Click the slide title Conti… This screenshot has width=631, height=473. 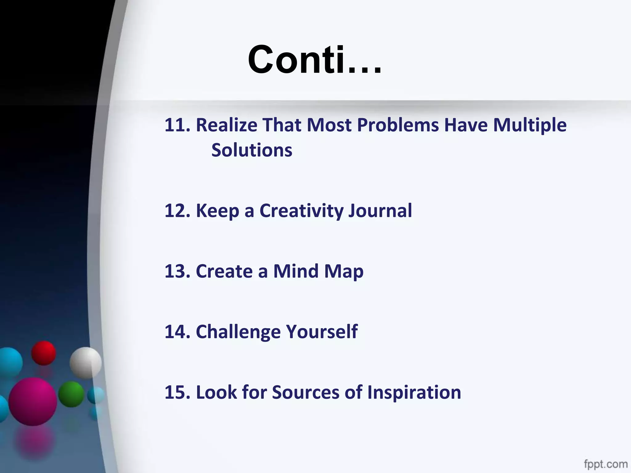314,59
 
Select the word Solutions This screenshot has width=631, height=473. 252,150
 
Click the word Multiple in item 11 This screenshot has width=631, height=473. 530,125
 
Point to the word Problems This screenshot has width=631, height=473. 398,125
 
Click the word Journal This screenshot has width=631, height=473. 380,211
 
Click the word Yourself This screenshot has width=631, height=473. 322,332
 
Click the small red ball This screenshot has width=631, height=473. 43,353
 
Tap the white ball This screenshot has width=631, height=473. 85,362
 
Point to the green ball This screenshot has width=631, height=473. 71,394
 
